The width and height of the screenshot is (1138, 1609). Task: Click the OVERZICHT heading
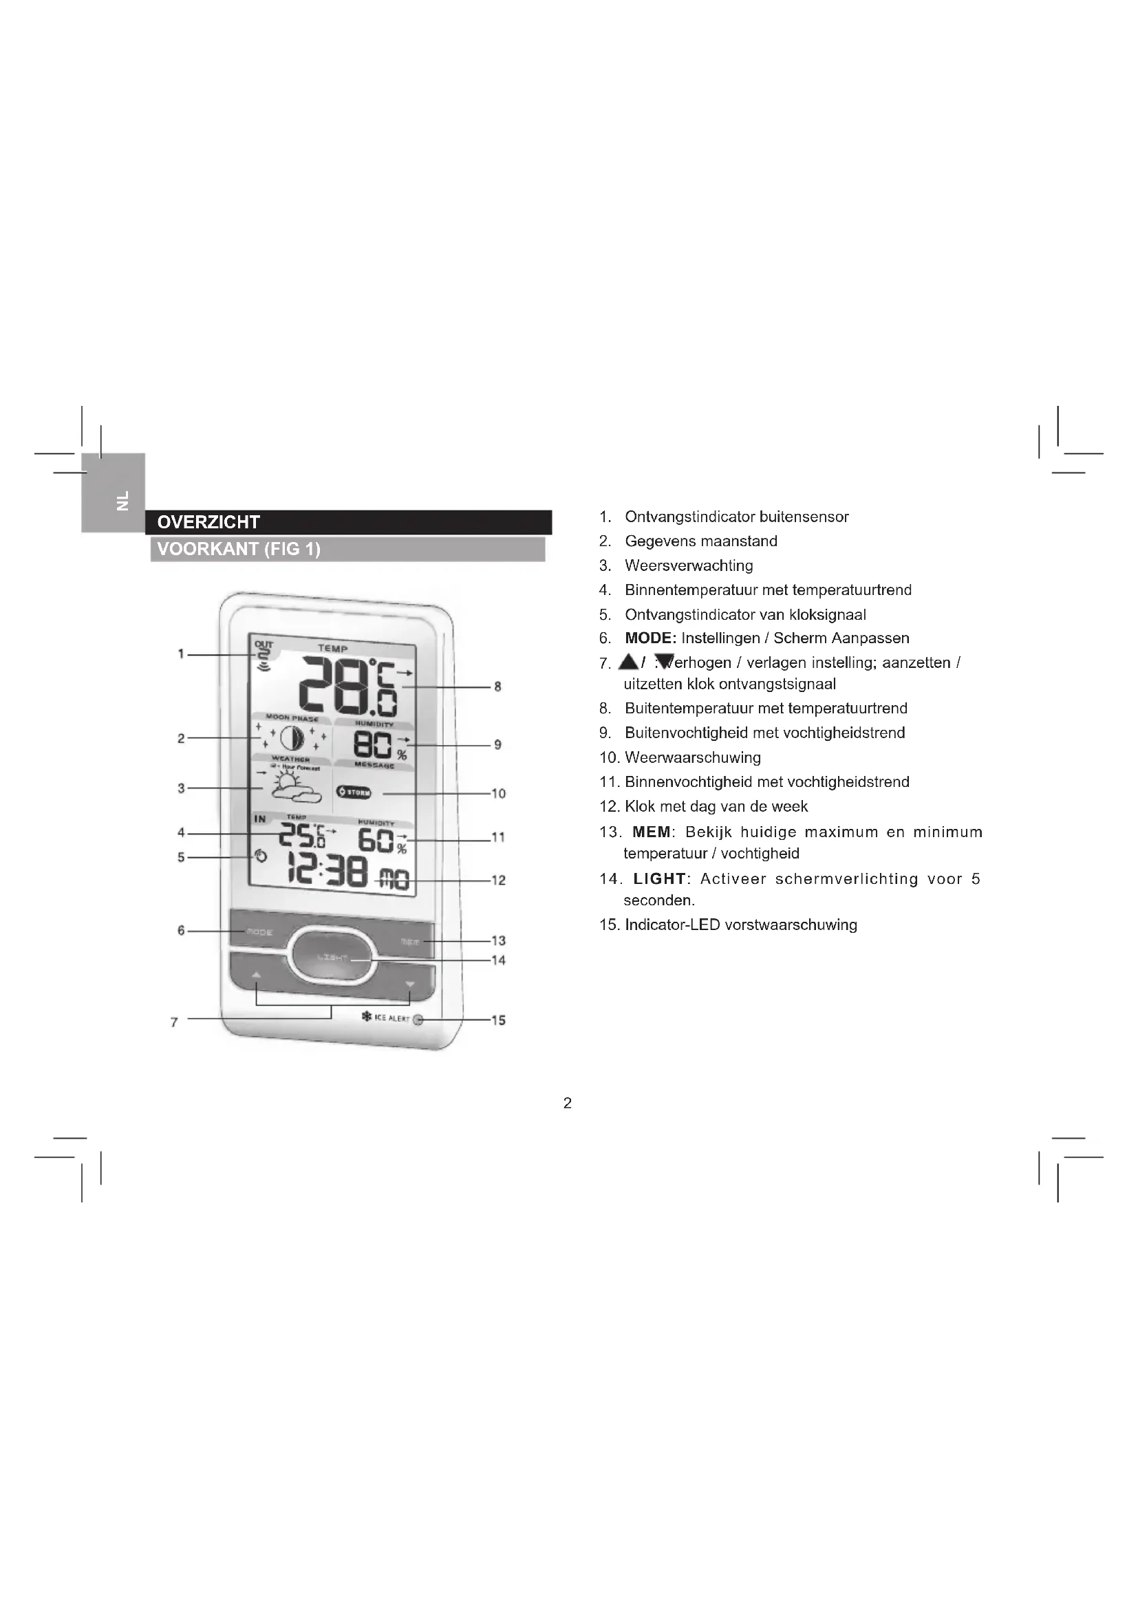coord(209,522)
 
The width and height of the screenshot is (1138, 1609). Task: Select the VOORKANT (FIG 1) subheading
coord(239,549)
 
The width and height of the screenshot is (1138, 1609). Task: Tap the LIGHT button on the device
coord(333,958)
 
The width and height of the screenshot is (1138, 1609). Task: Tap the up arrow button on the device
coord(256,975)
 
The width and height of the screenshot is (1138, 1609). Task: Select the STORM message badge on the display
coord(354,792)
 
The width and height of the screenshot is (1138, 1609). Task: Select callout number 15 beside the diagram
coord(498,1020)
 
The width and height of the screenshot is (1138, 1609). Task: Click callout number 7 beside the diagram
coord(175,1022)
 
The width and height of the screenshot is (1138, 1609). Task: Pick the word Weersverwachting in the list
coord(689,565)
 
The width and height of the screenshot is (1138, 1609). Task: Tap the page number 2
coord(568,1103)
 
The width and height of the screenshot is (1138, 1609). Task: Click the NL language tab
coord(123,499)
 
